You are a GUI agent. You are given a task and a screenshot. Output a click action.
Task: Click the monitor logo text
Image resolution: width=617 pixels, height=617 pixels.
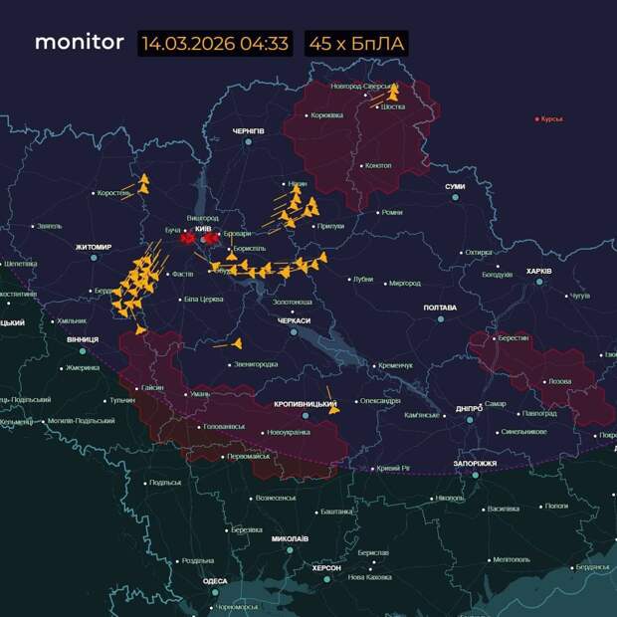tap(80, 43)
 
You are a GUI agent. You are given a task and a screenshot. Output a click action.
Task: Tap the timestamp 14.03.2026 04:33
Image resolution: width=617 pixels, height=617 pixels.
tap(215, 44)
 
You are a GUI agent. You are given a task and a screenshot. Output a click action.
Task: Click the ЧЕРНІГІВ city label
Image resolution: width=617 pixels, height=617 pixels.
tap(249, 131)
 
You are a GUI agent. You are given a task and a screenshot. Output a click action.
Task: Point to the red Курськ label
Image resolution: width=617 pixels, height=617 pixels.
tap(551, 118)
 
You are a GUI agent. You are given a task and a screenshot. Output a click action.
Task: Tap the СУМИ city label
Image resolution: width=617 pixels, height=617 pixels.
tap(455, 186)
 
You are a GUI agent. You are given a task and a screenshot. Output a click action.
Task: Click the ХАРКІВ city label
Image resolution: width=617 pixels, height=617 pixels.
tap(538, 271)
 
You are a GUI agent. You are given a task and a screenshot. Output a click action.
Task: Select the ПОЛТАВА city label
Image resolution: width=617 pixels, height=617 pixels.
tap(440, 308)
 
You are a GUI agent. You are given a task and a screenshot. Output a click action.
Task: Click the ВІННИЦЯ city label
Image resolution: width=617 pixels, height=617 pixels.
tap(83, 339)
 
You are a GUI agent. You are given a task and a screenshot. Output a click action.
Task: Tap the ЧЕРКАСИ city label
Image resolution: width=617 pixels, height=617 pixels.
tap(294, 320)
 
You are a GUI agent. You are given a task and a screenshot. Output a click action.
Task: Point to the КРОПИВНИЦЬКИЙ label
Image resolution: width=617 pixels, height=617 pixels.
tap(306, 404)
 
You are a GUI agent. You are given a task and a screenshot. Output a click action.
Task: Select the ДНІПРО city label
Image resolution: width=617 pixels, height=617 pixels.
tap(469, 408)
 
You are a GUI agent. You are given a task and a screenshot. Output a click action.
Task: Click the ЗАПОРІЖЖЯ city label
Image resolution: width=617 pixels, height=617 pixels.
tap(476, 463)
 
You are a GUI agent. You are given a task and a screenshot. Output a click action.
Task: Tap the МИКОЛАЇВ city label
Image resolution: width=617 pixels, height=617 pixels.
tap(290, 538)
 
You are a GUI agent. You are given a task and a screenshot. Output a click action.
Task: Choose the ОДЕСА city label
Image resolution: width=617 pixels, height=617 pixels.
tap(215, 581)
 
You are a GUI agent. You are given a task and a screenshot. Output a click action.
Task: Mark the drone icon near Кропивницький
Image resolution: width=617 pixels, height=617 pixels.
tap(334, 407)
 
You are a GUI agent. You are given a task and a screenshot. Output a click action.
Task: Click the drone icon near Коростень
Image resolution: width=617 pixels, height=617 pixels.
tap(143, 184)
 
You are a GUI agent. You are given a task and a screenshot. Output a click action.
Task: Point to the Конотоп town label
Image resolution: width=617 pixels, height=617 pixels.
tap(377, 165)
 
